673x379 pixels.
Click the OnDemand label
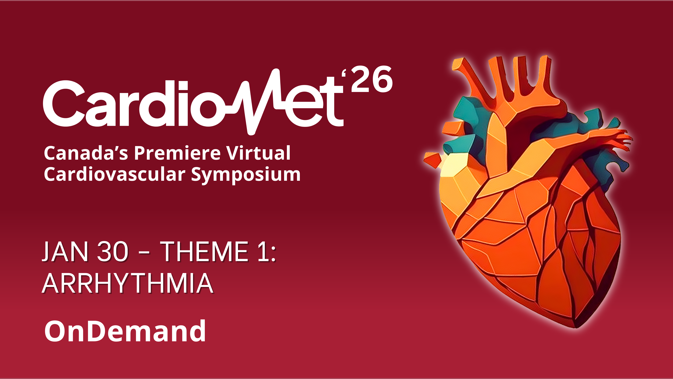click(125, 331)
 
